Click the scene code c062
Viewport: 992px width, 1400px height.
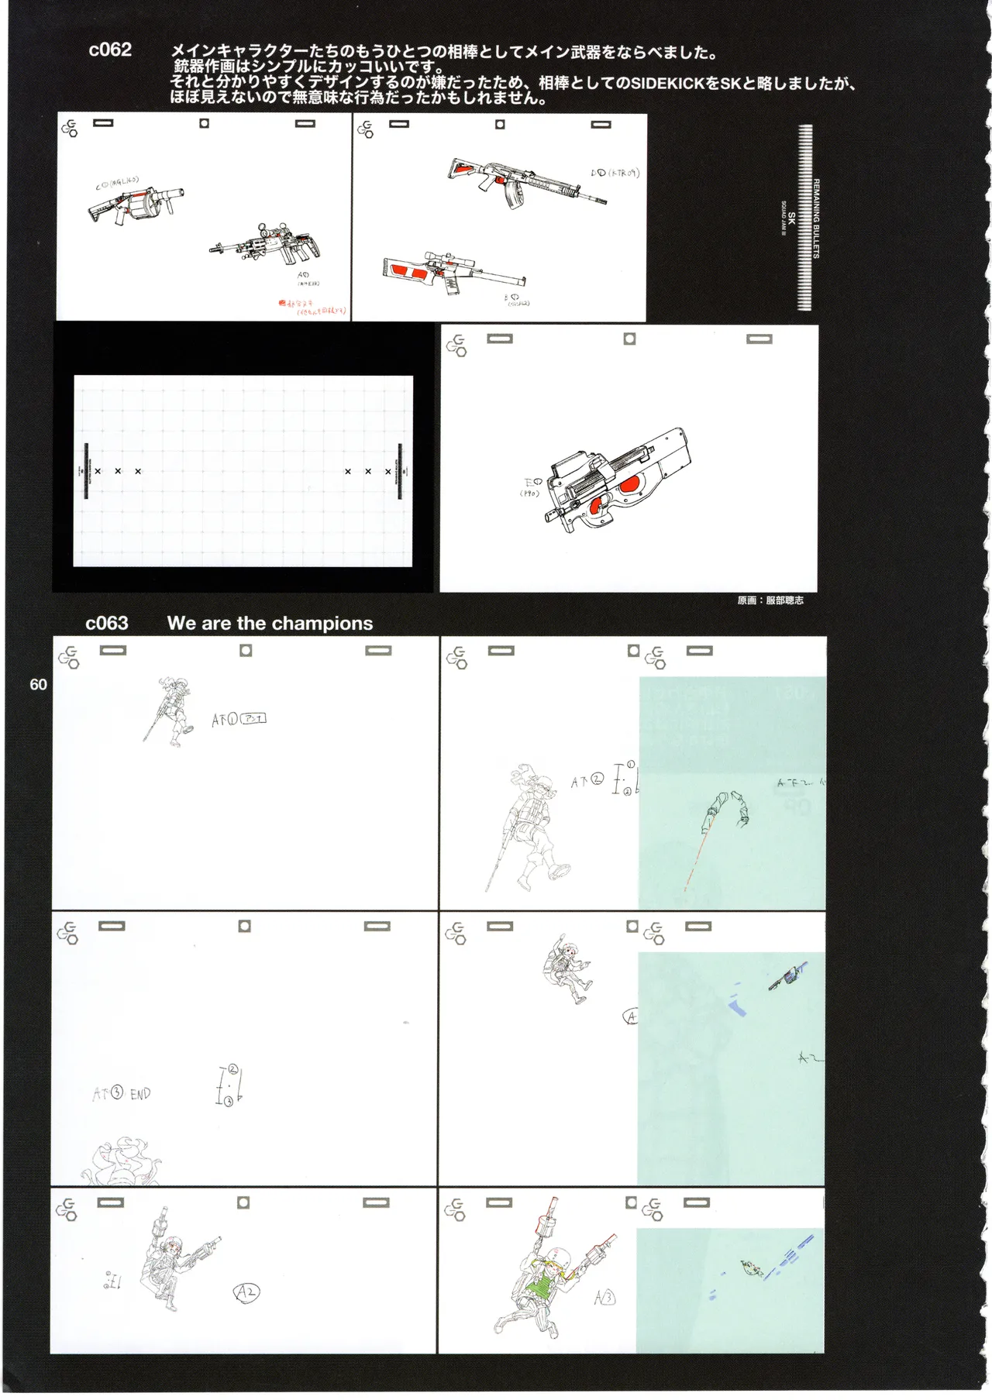coord(110,50)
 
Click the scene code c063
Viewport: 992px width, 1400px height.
coord(106,624)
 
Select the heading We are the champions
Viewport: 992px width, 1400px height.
coord(270,624)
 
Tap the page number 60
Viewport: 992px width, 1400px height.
coord(38,684)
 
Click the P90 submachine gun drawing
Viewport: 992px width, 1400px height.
coord(616,479)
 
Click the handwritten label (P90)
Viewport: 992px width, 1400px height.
coord(529,494)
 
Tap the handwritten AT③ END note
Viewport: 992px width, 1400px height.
coord(122,1094)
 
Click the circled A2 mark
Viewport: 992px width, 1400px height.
coord(246,1292)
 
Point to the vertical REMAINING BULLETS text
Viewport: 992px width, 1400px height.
coord(816,218)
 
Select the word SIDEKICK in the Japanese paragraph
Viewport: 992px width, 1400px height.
coord(663,84)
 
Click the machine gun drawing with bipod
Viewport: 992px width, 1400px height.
coord(267,243)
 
